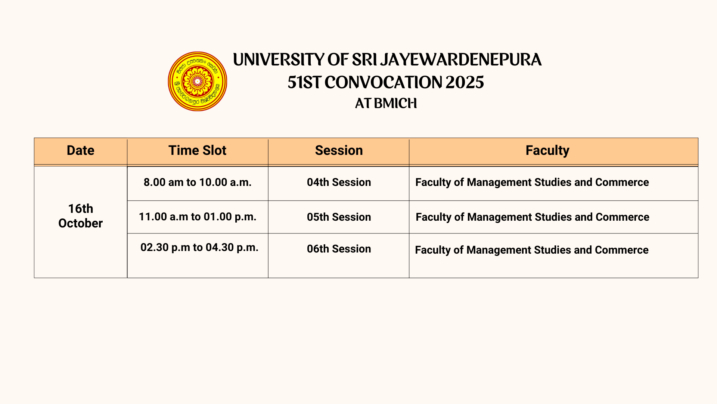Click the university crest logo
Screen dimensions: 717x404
[198, 81]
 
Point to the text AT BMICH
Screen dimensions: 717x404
[386, 104]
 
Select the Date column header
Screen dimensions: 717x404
[80, 150]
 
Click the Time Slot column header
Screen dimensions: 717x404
[197, 150]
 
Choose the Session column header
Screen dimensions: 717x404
[339, 150]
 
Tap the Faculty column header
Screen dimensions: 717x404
[547, 151]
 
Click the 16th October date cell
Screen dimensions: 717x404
[80, 216]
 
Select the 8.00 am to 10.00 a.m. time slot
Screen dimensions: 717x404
[198, 182]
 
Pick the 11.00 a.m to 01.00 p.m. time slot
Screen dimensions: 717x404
[198, 217]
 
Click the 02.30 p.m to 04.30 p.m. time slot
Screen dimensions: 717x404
[199, 247]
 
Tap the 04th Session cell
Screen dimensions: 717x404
[339, 182]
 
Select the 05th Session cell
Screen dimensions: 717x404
[339, 217]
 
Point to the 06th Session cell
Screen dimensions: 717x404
[339, 249]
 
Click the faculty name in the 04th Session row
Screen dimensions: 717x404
[532, 183]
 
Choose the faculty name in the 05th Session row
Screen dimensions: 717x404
[533, 217]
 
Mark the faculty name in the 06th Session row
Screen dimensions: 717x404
[532, 250]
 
